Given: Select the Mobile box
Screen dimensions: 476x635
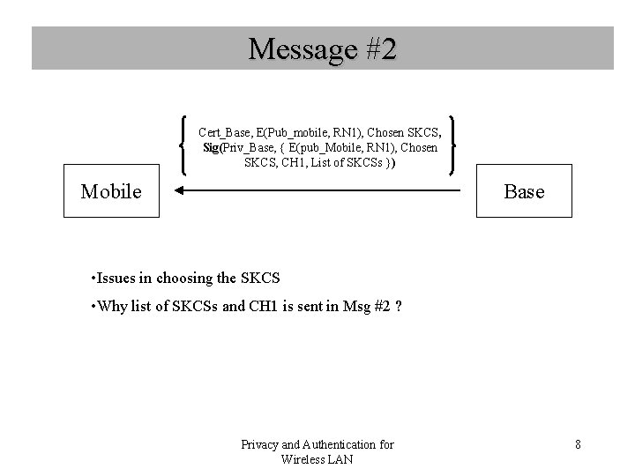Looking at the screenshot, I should coord(111,191).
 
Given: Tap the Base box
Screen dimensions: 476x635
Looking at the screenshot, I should coord(524,191).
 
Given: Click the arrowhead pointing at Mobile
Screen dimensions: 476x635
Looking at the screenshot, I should coord(177,190).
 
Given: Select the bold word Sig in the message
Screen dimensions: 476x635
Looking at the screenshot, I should coord(213,147).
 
